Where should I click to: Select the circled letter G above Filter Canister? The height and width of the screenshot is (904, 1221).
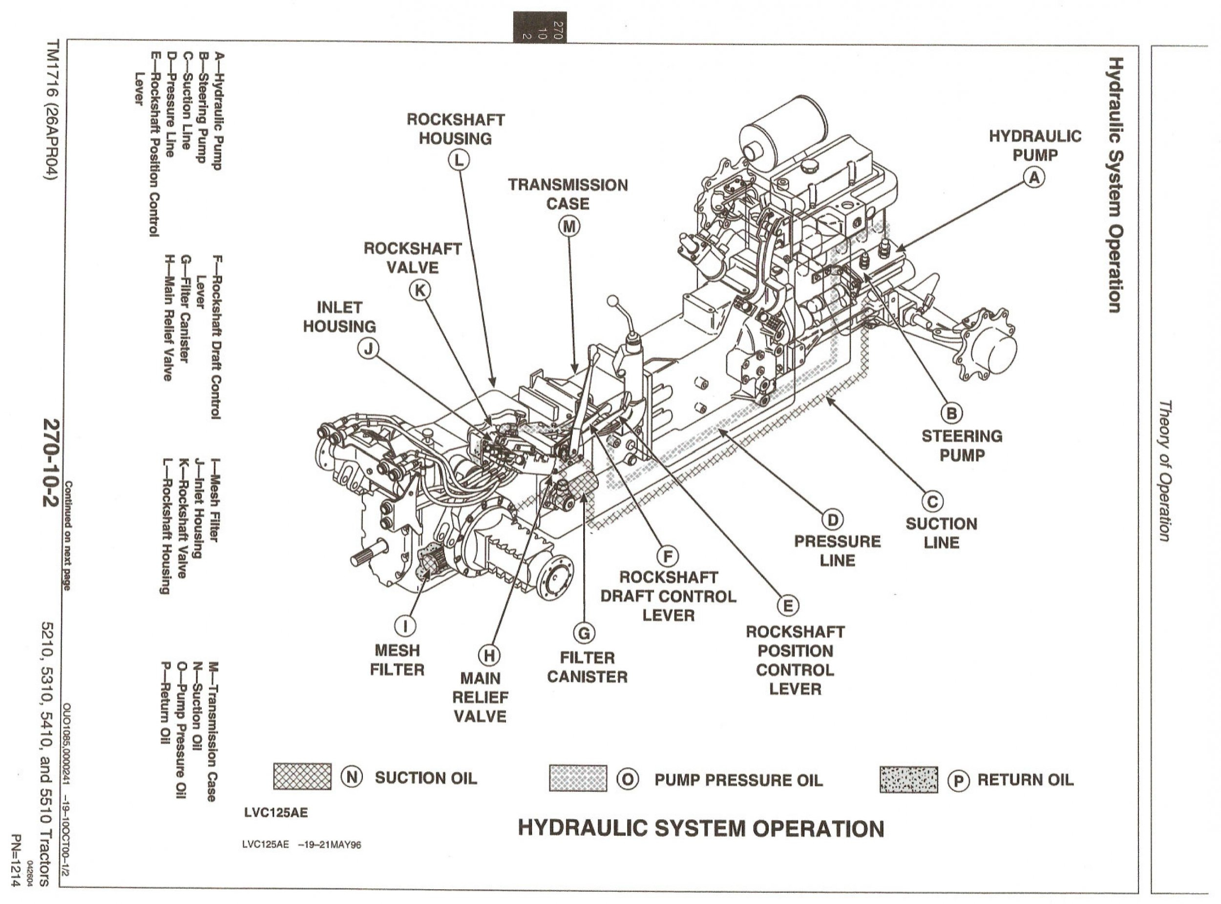pos(584,633)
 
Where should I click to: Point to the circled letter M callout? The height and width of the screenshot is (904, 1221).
pos(569,226)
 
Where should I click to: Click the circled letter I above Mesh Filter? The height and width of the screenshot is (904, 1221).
pos(404,625)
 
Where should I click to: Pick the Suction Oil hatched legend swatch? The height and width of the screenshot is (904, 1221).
pos(302,777)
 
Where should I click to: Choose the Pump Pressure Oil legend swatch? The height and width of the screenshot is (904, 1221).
pos(578,778)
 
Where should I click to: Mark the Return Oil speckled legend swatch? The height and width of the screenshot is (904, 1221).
pos(908,779)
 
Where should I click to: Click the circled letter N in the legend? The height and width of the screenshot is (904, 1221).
pos(352,777)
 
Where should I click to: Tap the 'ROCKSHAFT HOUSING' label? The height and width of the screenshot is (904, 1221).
pos(456,129)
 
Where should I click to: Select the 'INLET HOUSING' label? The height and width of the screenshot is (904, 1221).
pos(339,317)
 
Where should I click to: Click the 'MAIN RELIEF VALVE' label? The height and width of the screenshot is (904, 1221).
pos(480,697)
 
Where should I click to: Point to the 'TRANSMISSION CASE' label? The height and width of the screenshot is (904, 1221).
pos(568,194)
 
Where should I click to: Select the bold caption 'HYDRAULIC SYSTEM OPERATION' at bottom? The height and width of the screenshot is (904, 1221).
pos(701,828)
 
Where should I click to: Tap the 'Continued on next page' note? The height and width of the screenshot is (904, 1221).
pos(68,536)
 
